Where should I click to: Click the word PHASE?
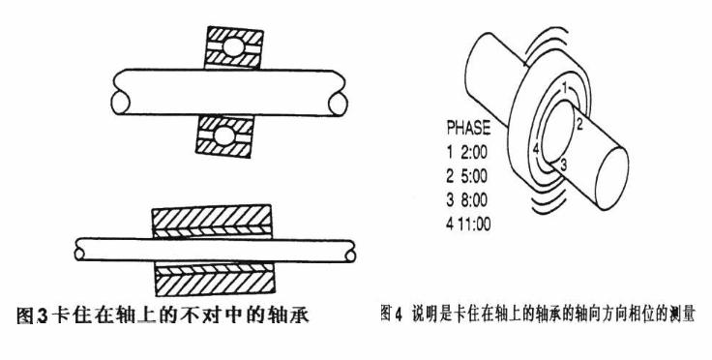pyautogui.click(x=468, y=129)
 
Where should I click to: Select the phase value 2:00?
pyautogui.click(x=474, y=153)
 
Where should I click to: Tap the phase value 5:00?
pyautogui.click(x=474, y=176)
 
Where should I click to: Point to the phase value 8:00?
pyautogui.click(x=474, y=200)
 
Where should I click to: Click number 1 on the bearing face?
pyautogui.click(x=564, y=88)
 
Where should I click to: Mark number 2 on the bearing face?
pyautogui.click(x=579, y=124)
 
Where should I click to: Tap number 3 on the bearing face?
pyautogui.click(x=563, y=165)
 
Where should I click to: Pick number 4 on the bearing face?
pyautogui.click(x=536, y=148)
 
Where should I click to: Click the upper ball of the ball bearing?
pyautogui.click(x=233, y=47)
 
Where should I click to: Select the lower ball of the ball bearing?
pyautogui.click(x=224, y=136)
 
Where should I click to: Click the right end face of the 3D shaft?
pyautogui.click(x=611, y=178)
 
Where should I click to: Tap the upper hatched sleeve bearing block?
pyautogui.click(x=212, y=222)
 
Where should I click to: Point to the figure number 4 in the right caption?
pyautogui.click(x=399, y=315)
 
